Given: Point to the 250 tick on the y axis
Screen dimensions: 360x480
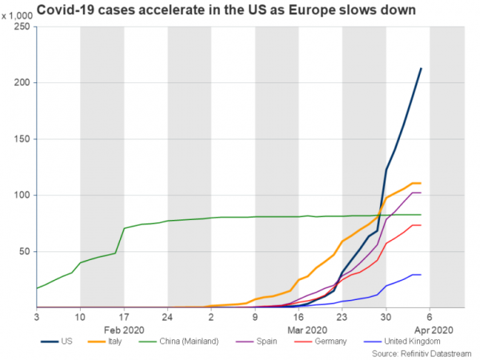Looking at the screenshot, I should [x=22, y=27].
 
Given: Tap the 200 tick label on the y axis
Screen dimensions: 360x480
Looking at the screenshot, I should [x=22, y=83].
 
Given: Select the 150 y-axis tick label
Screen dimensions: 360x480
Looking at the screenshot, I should [x=22, y=139].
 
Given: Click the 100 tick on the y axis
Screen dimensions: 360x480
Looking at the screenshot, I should [x=22, y=195].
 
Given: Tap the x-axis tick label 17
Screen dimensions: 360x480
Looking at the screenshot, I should [x=124, y=316].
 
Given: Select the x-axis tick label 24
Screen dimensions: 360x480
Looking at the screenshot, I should [x=167, y=316].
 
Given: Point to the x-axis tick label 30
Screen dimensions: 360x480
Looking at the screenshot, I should [x=386, y=316].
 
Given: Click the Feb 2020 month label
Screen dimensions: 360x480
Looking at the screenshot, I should [x=123, y=329].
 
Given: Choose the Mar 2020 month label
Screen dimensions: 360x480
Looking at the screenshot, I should [x=308, y=329].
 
